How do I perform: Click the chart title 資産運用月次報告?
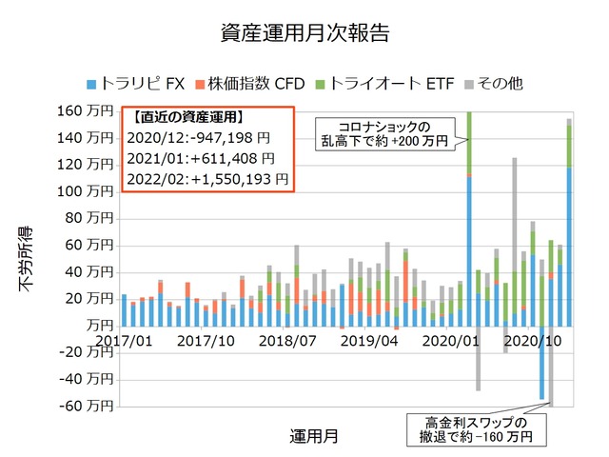pyautogui.click(x=304, y=31)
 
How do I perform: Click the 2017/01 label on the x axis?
pyautogui.click(x=123, y=340)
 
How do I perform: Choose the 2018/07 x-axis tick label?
pyautogui.click(x=286, y=340)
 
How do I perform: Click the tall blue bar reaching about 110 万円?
pyautogui.click(x=469, y=250)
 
